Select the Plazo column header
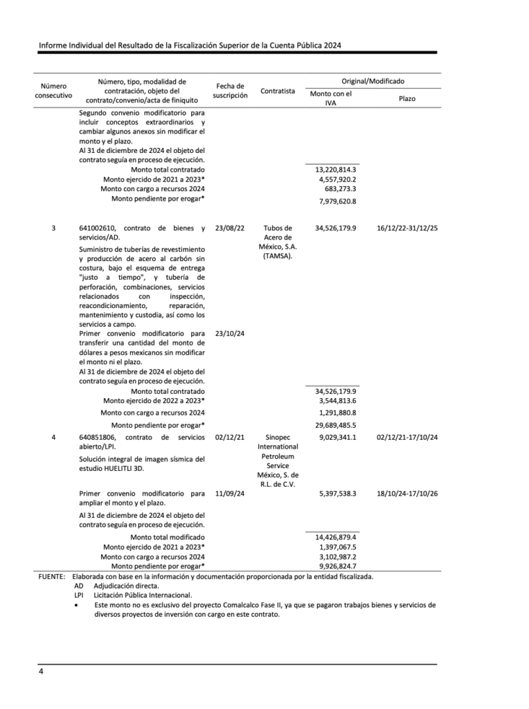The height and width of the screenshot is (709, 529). pyautogui.click(x=407, y=99)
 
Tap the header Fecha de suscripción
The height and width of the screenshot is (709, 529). pyautogui.click(x=230, y=91)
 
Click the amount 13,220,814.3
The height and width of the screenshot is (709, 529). pyautogui.click(x=335, y=170)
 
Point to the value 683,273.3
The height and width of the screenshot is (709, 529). pyautogui.click(x=340, y=188)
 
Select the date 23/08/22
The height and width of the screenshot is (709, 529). pyautogui.click(x=230, y=228)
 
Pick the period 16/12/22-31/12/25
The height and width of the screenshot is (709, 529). pyautogui.click(x=407, y=228)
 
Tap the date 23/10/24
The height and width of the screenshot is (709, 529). pyautogui.click(x=230, y=333)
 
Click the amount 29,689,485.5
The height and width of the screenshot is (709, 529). pyautogui.click(x=335, y=424)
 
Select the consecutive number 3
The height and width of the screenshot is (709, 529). pyautogui.click(x=54, y=228)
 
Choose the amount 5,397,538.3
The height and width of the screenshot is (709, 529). pyautogui.click(x=337, y=494)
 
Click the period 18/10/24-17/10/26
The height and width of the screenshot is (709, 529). pyautogui.click(x=407, y=494)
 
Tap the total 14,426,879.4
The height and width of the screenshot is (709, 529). pyautogui.click(x=335, y=537)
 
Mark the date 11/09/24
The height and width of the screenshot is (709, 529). pyautogui.click(x=230, y=494)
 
